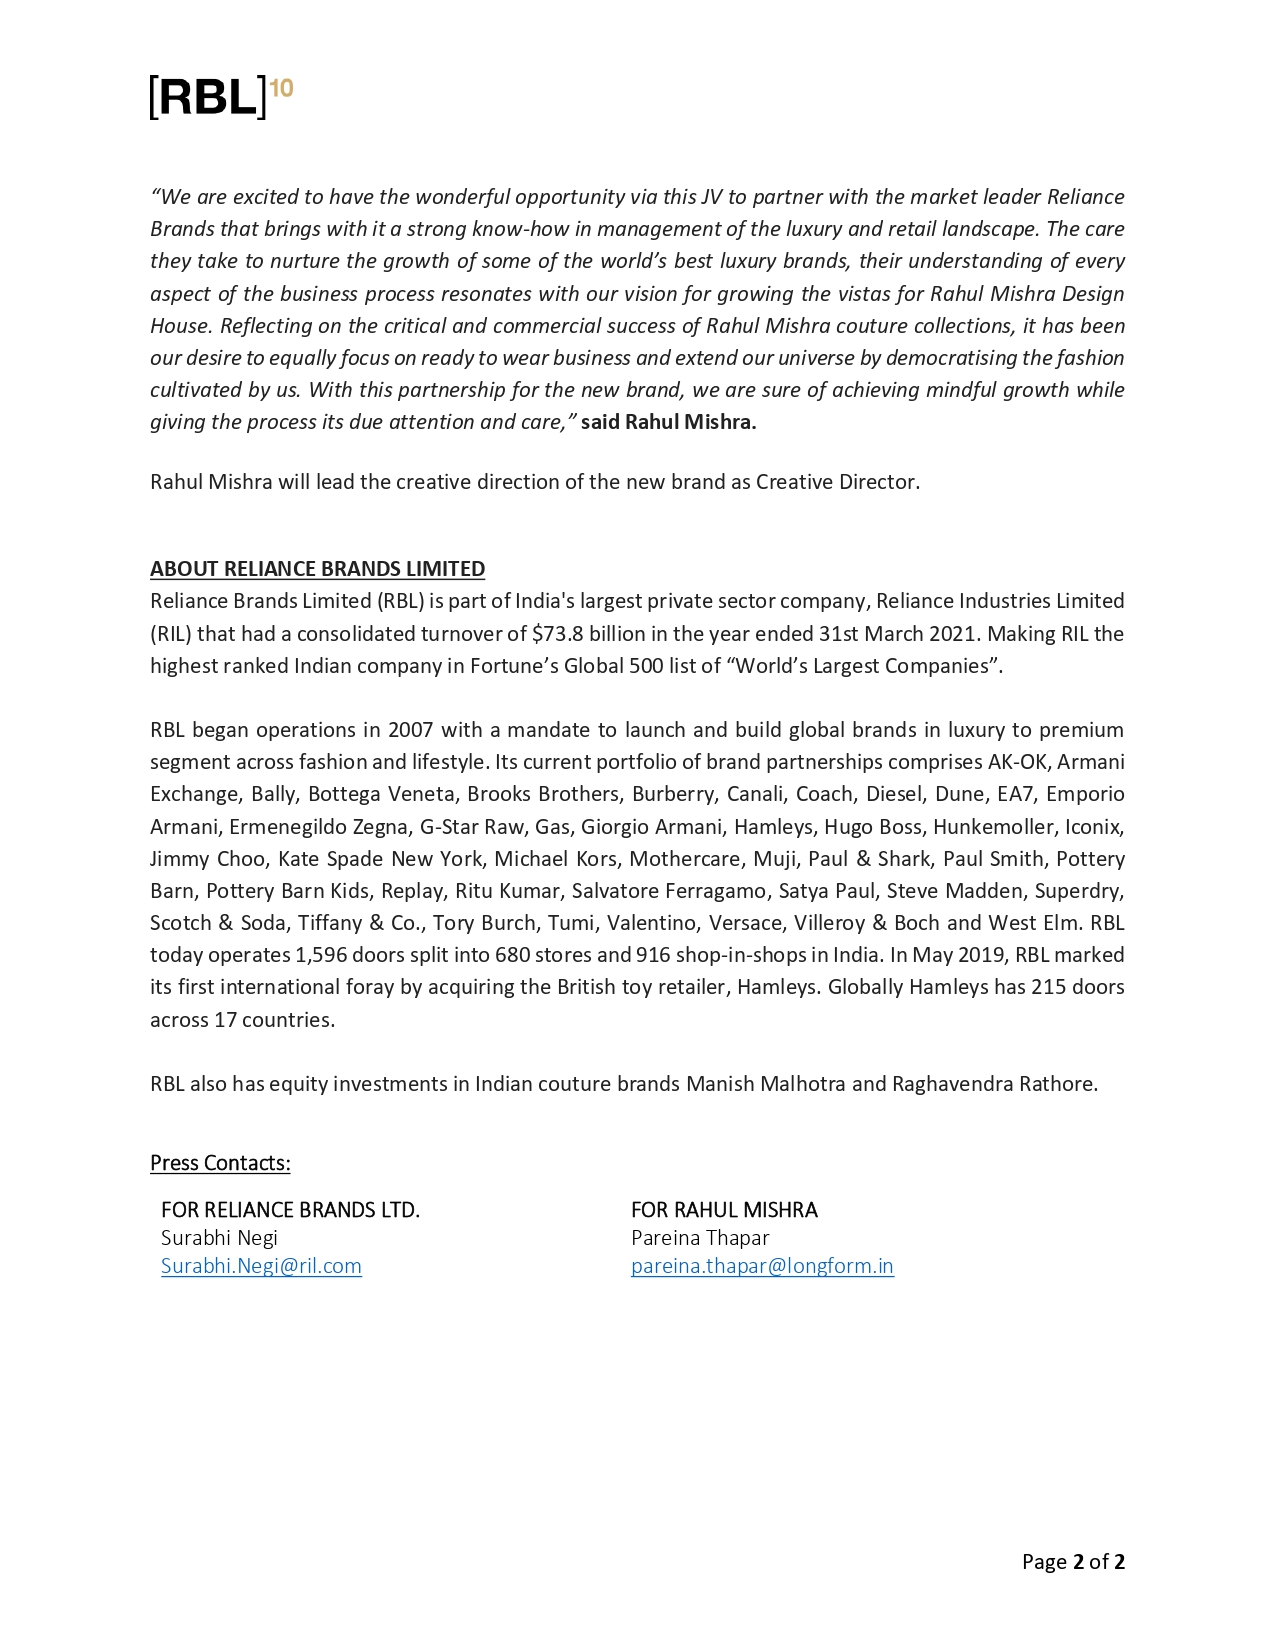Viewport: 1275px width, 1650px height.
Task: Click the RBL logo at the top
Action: click(209, 97)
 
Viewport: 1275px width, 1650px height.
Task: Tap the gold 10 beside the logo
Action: click(282, 88)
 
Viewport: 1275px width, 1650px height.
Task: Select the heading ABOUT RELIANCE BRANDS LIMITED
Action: click(317, 569)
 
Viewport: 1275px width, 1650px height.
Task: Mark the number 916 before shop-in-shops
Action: click(653, 955)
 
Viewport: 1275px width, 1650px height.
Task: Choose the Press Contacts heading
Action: click(220, 1163)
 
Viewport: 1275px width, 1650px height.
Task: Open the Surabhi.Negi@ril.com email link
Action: click(261, 1266)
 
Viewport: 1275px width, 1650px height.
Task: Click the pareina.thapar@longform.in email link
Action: click(762, 1266)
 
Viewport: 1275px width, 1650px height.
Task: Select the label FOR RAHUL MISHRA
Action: click(724, 1210)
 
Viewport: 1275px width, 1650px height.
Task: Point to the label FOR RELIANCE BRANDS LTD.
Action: click(290, 1210)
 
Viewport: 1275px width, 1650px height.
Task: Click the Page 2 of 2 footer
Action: click(1073, 1562)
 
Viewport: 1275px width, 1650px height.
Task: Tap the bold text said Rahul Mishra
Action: click(668, 422)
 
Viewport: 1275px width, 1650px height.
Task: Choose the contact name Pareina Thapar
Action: click(700, 1238)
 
